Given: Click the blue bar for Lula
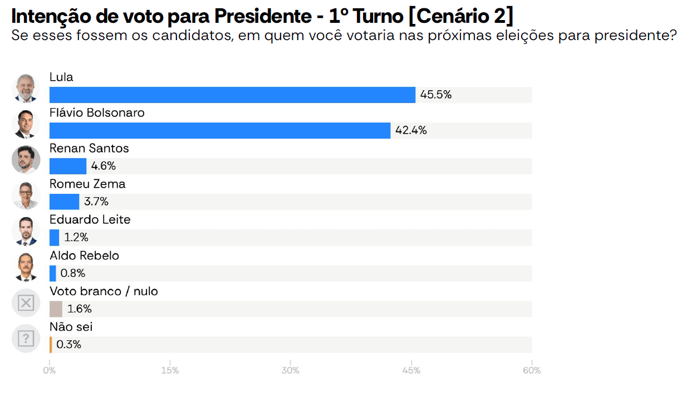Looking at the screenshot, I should click(x=232, y=95).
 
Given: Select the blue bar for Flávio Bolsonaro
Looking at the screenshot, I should click(x=220, y=130).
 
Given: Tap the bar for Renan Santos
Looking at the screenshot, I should click(x=68, y=166).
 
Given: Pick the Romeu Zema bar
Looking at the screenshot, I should click(x=64, y=202).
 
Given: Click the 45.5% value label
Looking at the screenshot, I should click(x=435, y=95).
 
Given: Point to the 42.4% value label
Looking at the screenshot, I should click(x=411, y=130).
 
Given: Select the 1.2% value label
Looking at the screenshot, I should click(x=76, y=237).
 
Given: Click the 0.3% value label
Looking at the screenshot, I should click(x=68, y=344).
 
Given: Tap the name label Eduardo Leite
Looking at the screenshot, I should click(x=90, y=219).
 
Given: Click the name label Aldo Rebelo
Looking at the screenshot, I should click(x=84, y=256).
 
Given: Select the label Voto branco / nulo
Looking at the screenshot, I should click(x=104, y=291).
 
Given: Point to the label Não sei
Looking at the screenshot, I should click(x=71, y=327).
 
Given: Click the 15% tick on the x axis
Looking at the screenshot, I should click(x=170, y=370).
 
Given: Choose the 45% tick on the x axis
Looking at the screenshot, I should click(x=411, y=370).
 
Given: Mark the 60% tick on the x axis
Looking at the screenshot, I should click(x=532, y=370).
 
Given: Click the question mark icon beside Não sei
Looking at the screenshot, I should click(x=26, y=339).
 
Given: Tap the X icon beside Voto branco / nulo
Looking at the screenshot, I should click(x=26, y=303).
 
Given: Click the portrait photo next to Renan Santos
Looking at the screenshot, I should click(x=26, y=160).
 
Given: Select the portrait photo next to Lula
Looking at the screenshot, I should click(x=26, y=89).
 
